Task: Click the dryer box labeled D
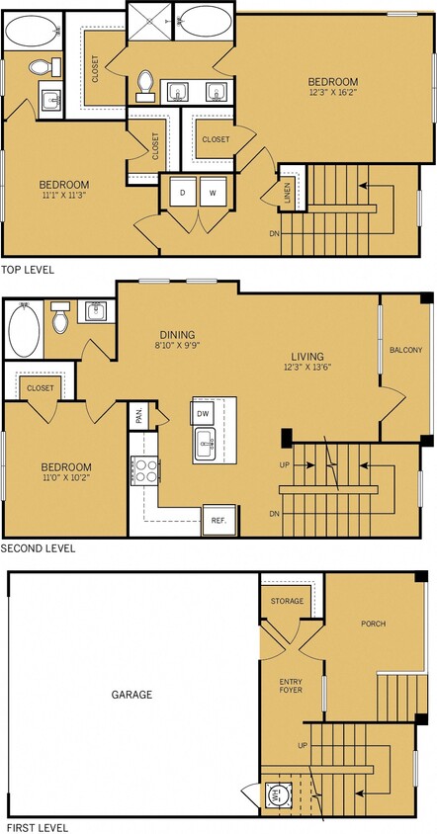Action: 183,192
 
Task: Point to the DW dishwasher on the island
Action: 203,413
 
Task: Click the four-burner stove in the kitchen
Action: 145,470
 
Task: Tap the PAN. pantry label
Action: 139,418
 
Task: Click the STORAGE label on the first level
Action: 287,600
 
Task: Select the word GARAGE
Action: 131,695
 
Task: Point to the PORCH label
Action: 374,624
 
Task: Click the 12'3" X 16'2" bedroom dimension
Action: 331,94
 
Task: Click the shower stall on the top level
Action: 150,19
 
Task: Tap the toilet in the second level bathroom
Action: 59,318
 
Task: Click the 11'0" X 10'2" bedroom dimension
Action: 65,479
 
